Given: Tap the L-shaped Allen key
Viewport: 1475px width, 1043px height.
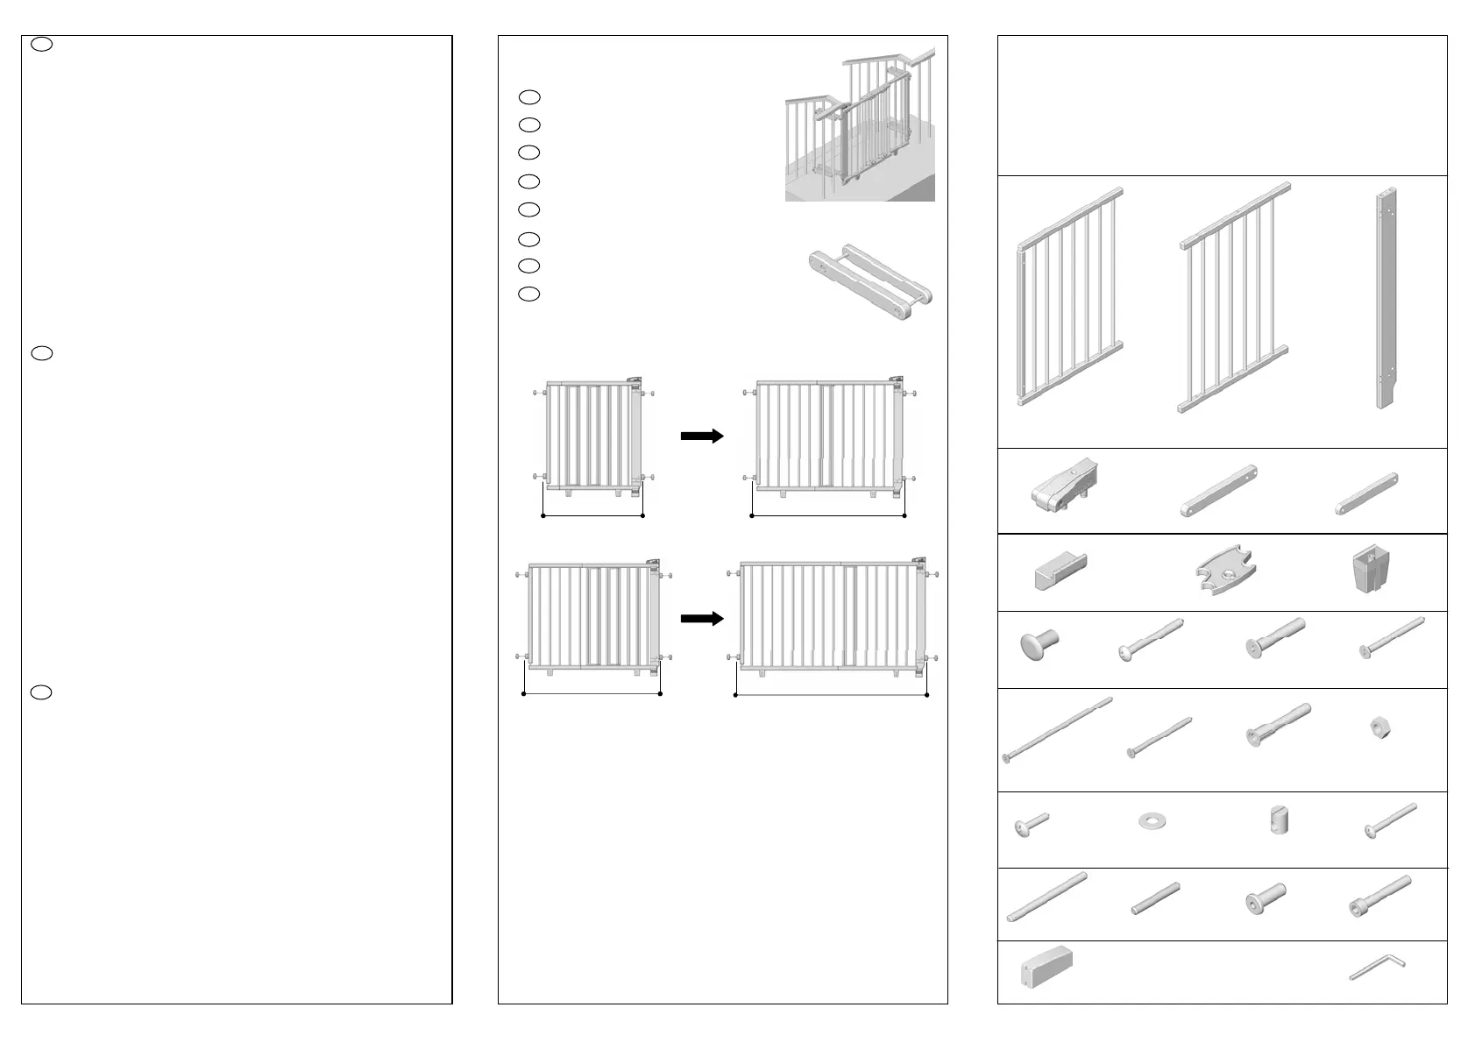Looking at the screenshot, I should (1376, 969).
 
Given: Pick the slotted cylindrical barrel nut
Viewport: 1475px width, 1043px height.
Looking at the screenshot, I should (1279, 820).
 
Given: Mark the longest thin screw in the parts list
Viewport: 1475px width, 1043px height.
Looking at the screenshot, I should (1058, 729).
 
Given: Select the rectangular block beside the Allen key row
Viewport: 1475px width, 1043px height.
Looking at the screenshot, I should (1046, 968).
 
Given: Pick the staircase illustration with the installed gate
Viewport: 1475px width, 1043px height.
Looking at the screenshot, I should (859, 124).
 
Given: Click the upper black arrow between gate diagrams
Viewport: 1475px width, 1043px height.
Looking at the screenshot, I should (702, 436).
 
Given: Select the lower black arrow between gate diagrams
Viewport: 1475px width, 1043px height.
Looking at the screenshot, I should (702, 619).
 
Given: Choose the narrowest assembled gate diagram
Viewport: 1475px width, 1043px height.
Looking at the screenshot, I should (594, 438).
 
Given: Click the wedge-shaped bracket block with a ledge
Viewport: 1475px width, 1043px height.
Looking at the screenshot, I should (1060, 572).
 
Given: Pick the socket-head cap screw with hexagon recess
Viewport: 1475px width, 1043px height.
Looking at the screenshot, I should (1380, 897).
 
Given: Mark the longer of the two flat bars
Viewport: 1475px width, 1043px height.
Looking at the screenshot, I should (1218, 492).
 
